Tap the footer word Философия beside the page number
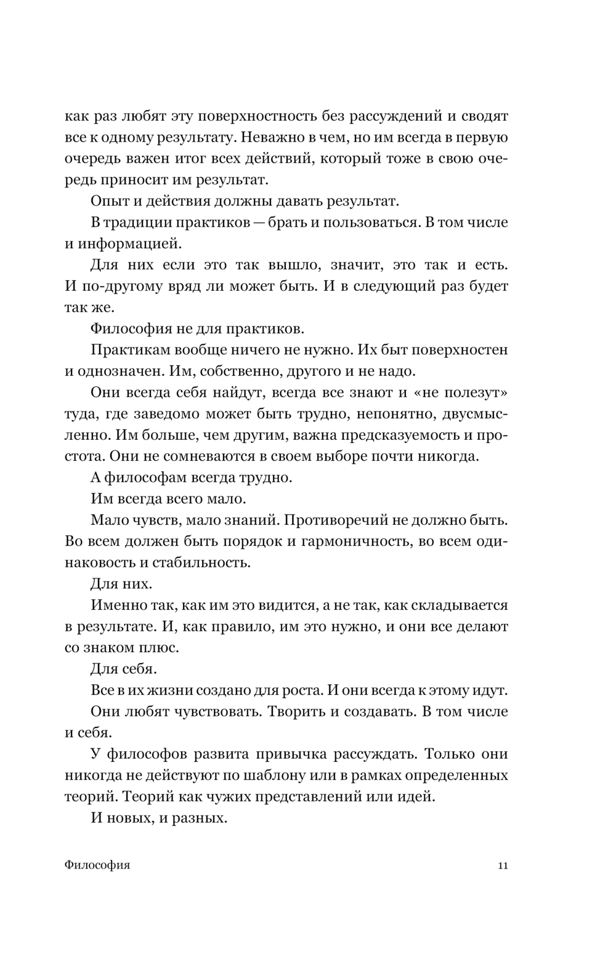(x=97, y=865)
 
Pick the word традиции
(x=140, y=222)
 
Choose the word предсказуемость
(x=400, y=435)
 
